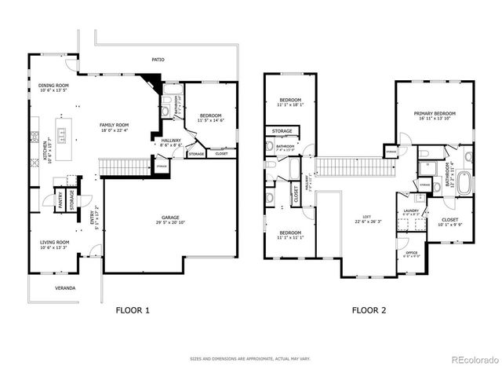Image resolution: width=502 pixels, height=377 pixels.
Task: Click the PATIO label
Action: [158, 59]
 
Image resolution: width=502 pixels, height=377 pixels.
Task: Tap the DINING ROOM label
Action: [53, 86]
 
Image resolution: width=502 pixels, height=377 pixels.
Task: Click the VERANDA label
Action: [65, 288]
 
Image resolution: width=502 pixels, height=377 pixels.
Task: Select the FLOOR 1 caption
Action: [133, 310]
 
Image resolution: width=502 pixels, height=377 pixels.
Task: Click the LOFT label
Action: [366, 218]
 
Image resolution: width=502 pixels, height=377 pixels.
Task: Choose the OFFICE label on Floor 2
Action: [411, 253]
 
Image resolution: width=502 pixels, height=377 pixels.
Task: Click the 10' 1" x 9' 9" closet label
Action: [450, 222]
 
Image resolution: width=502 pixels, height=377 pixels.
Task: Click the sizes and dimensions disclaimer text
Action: [250, 358]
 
